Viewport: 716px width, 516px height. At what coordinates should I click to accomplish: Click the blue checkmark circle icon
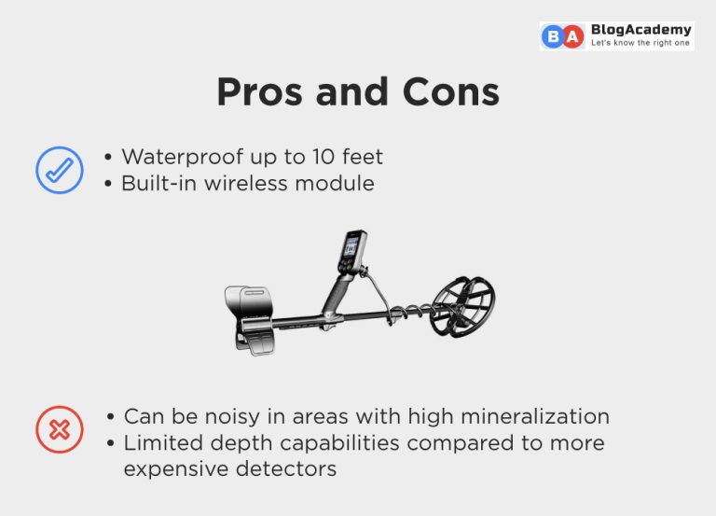point(59,170)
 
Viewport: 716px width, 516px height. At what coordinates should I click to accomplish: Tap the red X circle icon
point(59,429)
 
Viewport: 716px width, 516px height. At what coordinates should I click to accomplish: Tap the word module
point(337,183)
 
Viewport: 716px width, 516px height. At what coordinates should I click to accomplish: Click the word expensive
point(173,468)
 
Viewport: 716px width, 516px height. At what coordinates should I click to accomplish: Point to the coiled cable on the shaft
point(409,310)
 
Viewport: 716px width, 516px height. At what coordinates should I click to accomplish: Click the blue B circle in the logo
point(554,36)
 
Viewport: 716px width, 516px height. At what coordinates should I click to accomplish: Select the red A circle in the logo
point(573,36)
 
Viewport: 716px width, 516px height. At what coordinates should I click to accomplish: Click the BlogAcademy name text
point(640,30)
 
